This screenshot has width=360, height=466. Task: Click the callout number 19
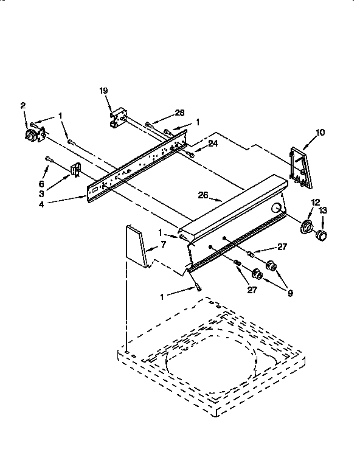pos(103,91)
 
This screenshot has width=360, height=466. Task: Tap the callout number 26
pos(204,195)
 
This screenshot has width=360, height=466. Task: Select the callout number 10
pos(320,131)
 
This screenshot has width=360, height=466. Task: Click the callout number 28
pos(179,113)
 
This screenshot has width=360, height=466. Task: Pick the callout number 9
pos(290,293)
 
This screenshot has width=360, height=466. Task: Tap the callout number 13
pos(323,210)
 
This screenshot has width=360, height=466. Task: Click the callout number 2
pos(22,105)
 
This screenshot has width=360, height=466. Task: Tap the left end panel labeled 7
pos(137,246)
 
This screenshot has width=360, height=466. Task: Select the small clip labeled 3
pos(75,170)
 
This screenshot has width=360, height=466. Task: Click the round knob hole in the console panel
pos(277,209)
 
